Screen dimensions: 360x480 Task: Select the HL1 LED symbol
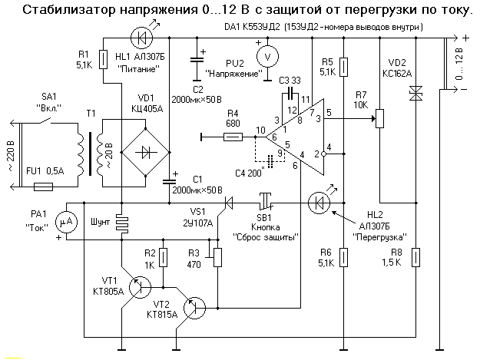point(139,38)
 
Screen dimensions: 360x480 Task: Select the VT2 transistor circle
point(197,307)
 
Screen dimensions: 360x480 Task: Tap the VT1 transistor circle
point(140,287)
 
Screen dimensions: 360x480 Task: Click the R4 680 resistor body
point(233,138)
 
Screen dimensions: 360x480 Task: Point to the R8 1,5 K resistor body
point(415,256)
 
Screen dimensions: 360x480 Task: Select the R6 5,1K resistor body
point(342,256)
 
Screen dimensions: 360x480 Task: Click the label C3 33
point(290,79)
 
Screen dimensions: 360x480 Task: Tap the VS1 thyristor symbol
point(225,203)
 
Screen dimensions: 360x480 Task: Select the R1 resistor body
point(103,58)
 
